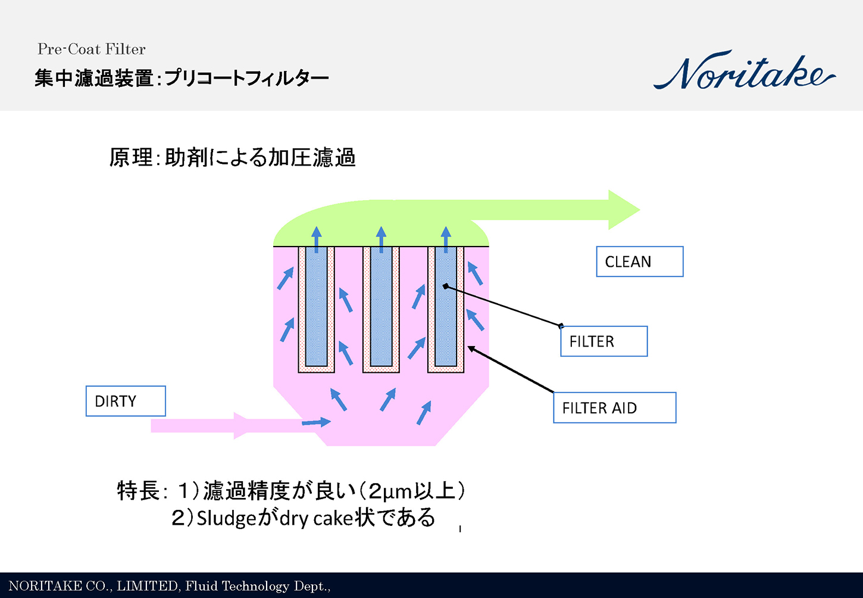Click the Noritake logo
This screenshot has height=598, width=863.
coord(744,71)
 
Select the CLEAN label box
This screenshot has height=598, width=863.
coord(639,261)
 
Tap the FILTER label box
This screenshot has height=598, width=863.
coord(604,341)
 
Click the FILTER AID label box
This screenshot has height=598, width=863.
coord(614,408)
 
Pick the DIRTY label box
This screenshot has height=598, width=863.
coord(126,401)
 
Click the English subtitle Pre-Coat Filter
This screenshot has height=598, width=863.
coord(91,49)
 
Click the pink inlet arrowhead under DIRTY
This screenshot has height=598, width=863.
coord(240,425)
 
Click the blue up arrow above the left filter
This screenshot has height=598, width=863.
coord(317,238)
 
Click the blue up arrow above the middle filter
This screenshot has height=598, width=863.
coord(382,238)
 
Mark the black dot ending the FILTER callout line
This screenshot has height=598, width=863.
coord(445,286)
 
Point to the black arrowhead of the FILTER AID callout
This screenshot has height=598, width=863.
coord(471,348)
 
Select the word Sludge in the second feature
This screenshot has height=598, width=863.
coord(226,518)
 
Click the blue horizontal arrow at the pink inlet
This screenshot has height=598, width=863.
coord(316,422)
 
